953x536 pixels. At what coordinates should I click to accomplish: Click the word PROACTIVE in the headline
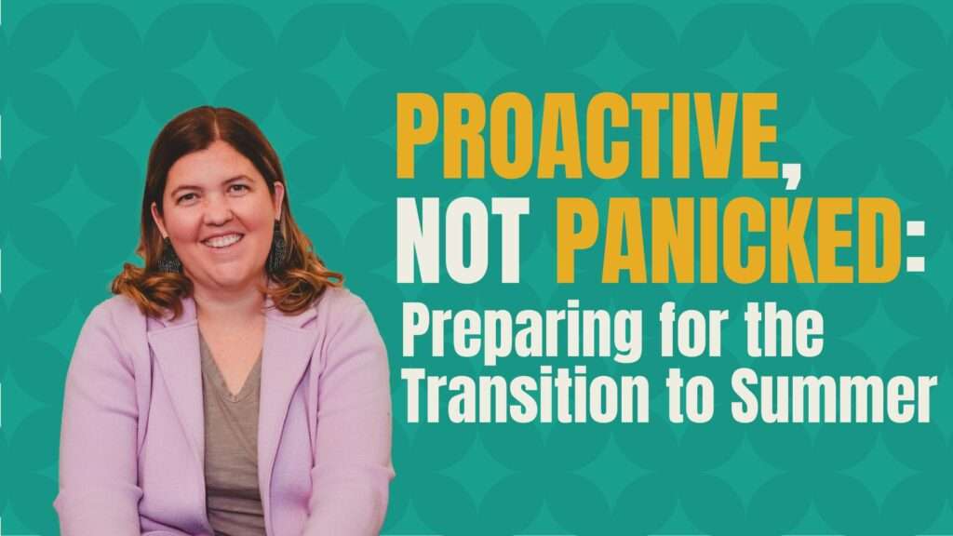pos(587,136)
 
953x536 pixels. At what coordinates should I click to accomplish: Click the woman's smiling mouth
pos(222,241)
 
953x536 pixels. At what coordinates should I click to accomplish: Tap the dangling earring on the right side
pos(277,247)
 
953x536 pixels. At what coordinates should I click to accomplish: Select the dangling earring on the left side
pos(168,255)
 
